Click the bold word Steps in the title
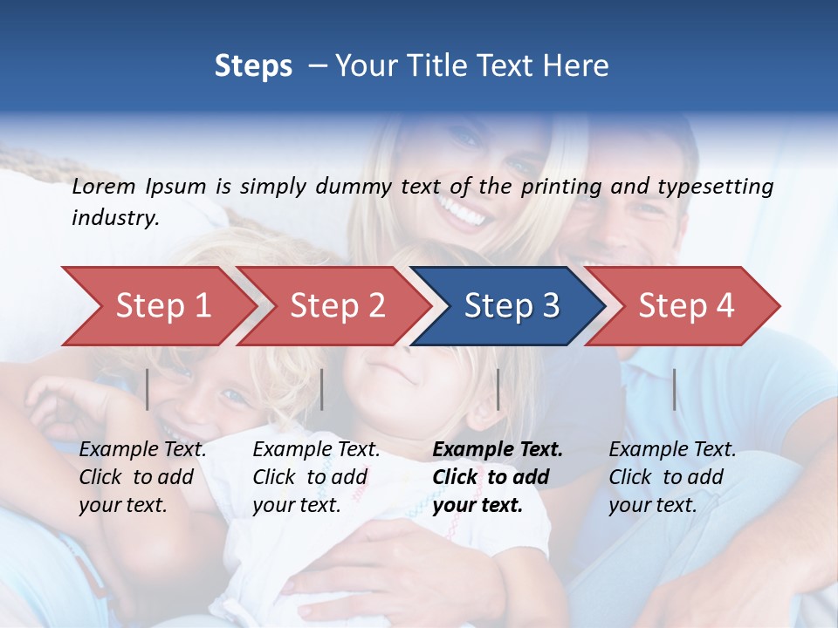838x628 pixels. click(253, 66)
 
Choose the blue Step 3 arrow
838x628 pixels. click(512, 305)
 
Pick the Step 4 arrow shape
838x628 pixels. click(686, 305)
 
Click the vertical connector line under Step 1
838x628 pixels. click(148, 389)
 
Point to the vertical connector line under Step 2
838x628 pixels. click(322, 389)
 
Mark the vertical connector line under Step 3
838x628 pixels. click(498, 389)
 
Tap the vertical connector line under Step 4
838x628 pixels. click(675, 389)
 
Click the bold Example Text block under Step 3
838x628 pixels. click(498, 477)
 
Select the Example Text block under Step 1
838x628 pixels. click(142, 477)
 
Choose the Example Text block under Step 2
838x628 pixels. click(316, 477)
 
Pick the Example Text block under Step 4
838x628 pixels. click(672, 477)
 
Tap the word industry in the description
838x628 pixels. click(114, 218)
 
